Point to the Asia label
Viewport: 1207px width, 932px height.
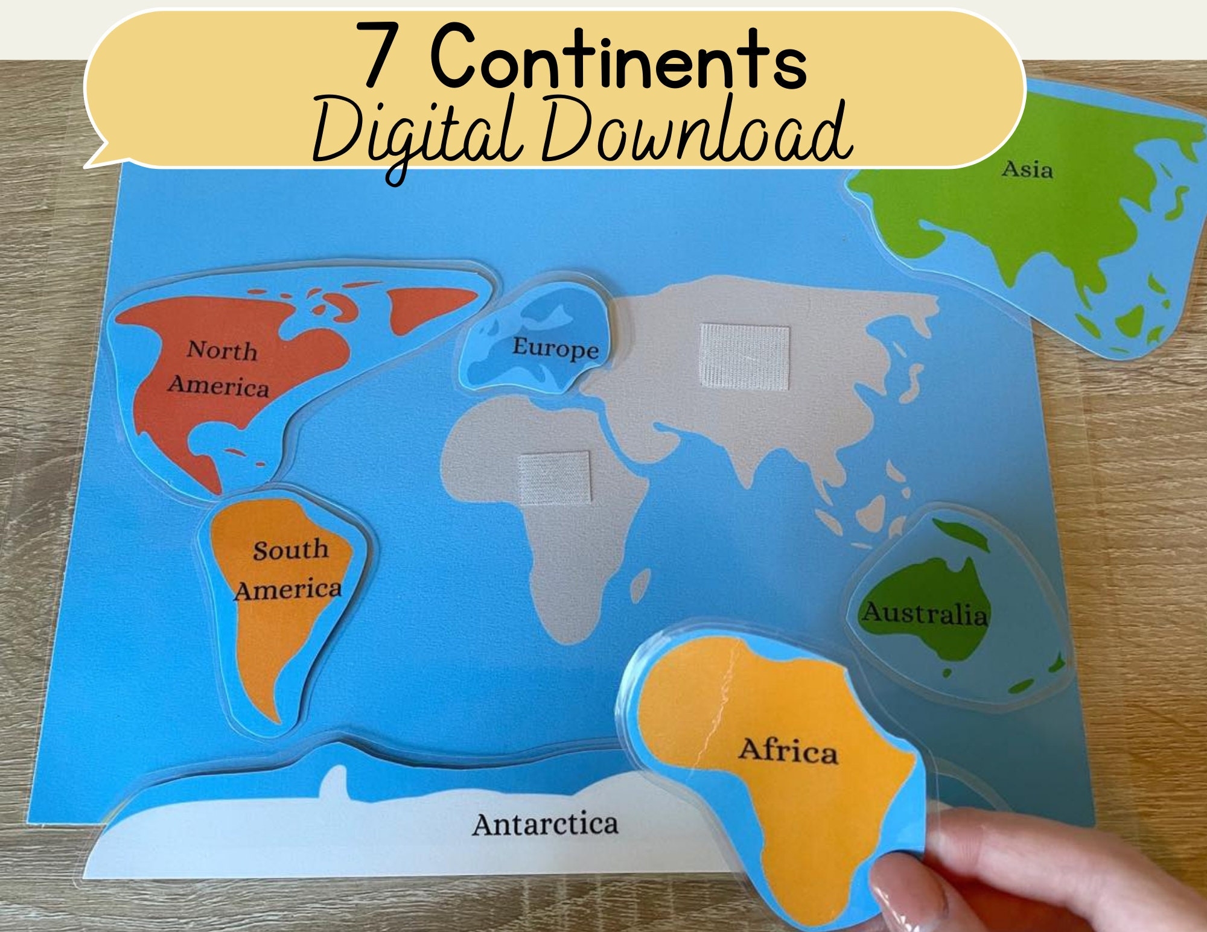(1027, 170)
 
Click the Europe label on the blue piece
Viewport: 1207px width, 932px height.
(555, 348)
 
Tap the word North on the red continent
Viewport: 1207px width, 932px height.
(221, 350)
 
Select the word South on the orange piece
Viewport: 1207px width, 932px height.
(290, 550)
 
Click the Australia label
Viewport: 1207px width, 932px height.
(924, 613)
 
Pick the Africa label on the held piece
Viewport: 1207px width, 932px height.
(788, 750)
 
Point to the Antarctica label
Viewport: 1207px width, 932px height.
(545, 824)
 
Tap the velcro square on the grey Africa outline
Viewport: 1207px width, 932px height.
(554, 477)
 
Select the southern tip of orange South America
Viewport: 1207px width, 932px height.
(275, 718)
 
